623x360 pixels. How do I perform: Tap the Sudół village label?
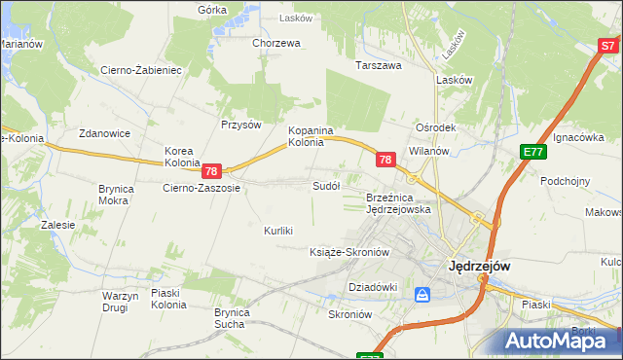click(x=326, y=185)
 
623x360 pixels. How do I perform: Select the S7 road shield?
click(x=607, y=46)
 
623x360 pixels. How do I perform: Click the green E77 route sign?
click(x=532, y=152)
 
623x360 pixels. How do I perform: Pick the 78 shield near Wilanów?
click(x=385, y=160)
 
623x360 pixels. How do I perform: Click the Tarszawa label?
click(x=379, y=66)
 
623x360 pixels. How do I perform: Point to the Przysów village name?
click(x=241, y=125)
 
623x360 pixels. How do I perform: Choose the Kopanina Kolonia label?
click(x=311, y=136)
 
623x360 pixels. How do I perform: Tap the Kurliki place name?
click(x=278, y=231)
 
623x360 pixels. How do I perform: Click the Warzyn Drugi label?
click(x=122, y=301)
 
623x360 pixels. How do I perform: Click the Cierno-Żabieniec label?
click(x=142, y=70)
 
